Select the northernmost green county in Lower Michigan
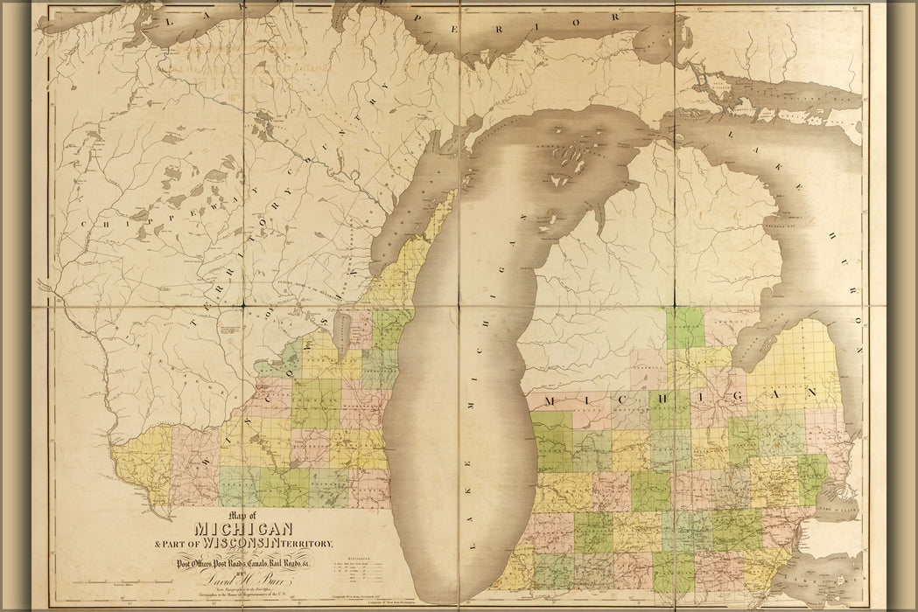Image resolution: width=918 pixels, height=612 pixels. (684, 328)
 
